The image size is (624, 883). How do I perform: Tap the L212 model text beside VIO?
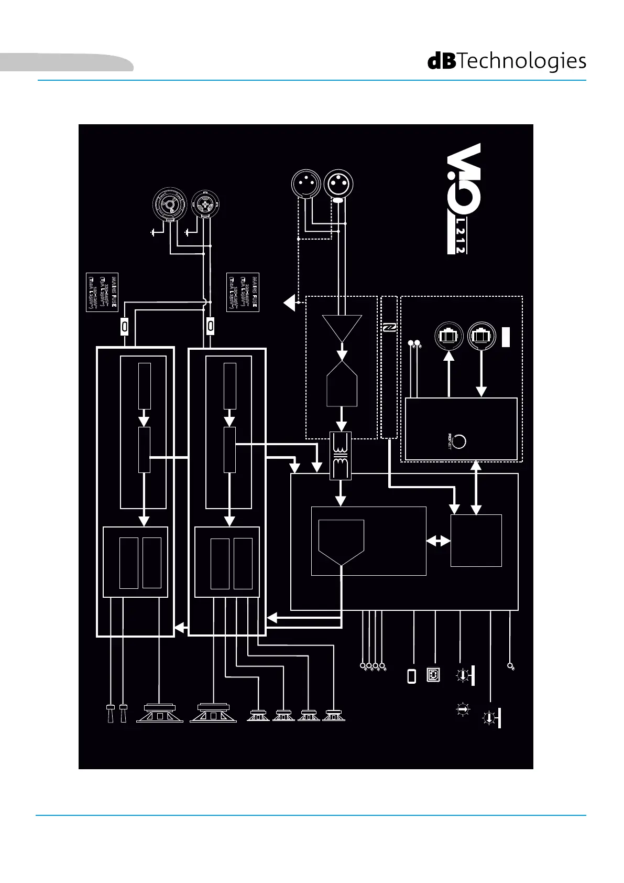point(459,239)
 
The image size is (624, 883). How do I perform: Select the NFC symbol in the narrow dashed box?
point(389,328)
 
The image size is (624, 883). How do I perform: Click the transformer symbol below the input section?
point(341,455)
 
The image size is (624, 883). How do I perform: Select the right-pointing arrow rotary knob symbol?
point(463,710)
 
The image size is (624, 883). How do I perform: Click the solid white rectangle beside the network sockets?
point(506,336)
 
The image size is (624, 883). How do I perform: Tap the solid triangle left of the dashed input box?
point(289,303)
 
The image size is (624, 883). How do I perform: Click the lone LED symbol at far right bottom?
point(511,666)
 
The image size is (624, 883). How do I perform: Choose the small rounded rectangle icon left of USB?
point(412,676)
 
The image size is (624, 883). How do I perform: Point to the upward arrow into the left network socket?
point(449,358)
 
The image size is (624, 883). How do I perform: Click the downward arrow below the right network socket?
point(481,391)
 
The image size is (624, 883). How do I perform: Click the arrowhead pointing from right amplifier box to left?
point(180,627)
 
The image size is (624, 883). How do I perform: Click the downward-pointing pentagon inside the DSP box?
point(341,543)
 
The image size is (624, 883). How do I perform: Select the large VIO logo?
point(463,181)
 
